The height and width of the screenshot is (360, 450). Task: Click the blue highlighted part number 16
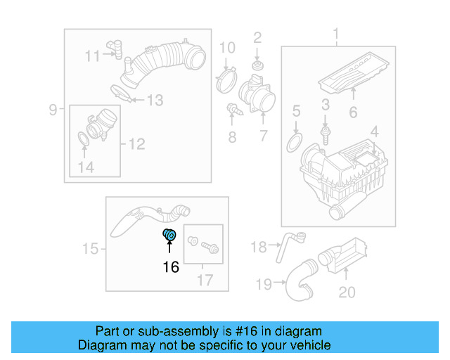pos(169,236)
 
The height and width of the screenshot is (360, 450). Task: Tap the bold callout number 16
pos(171,267)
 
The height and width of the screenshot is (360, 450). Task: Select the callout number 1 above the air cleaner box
pos(336,34)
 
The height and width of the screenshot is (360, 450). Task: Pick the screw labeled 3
pos(326,130)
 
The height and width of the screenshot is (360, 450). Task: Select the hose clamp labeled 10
pos(226,78)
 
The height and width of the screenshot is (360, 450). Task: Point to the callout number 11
pos(93,56)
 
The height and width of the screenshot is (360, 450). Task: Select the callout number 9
pos(53,110)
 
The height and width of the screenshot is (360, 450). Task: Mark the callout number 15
pos(90,248)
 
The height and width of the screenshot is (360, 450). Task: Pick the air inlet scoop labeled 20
pos(345,256)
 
